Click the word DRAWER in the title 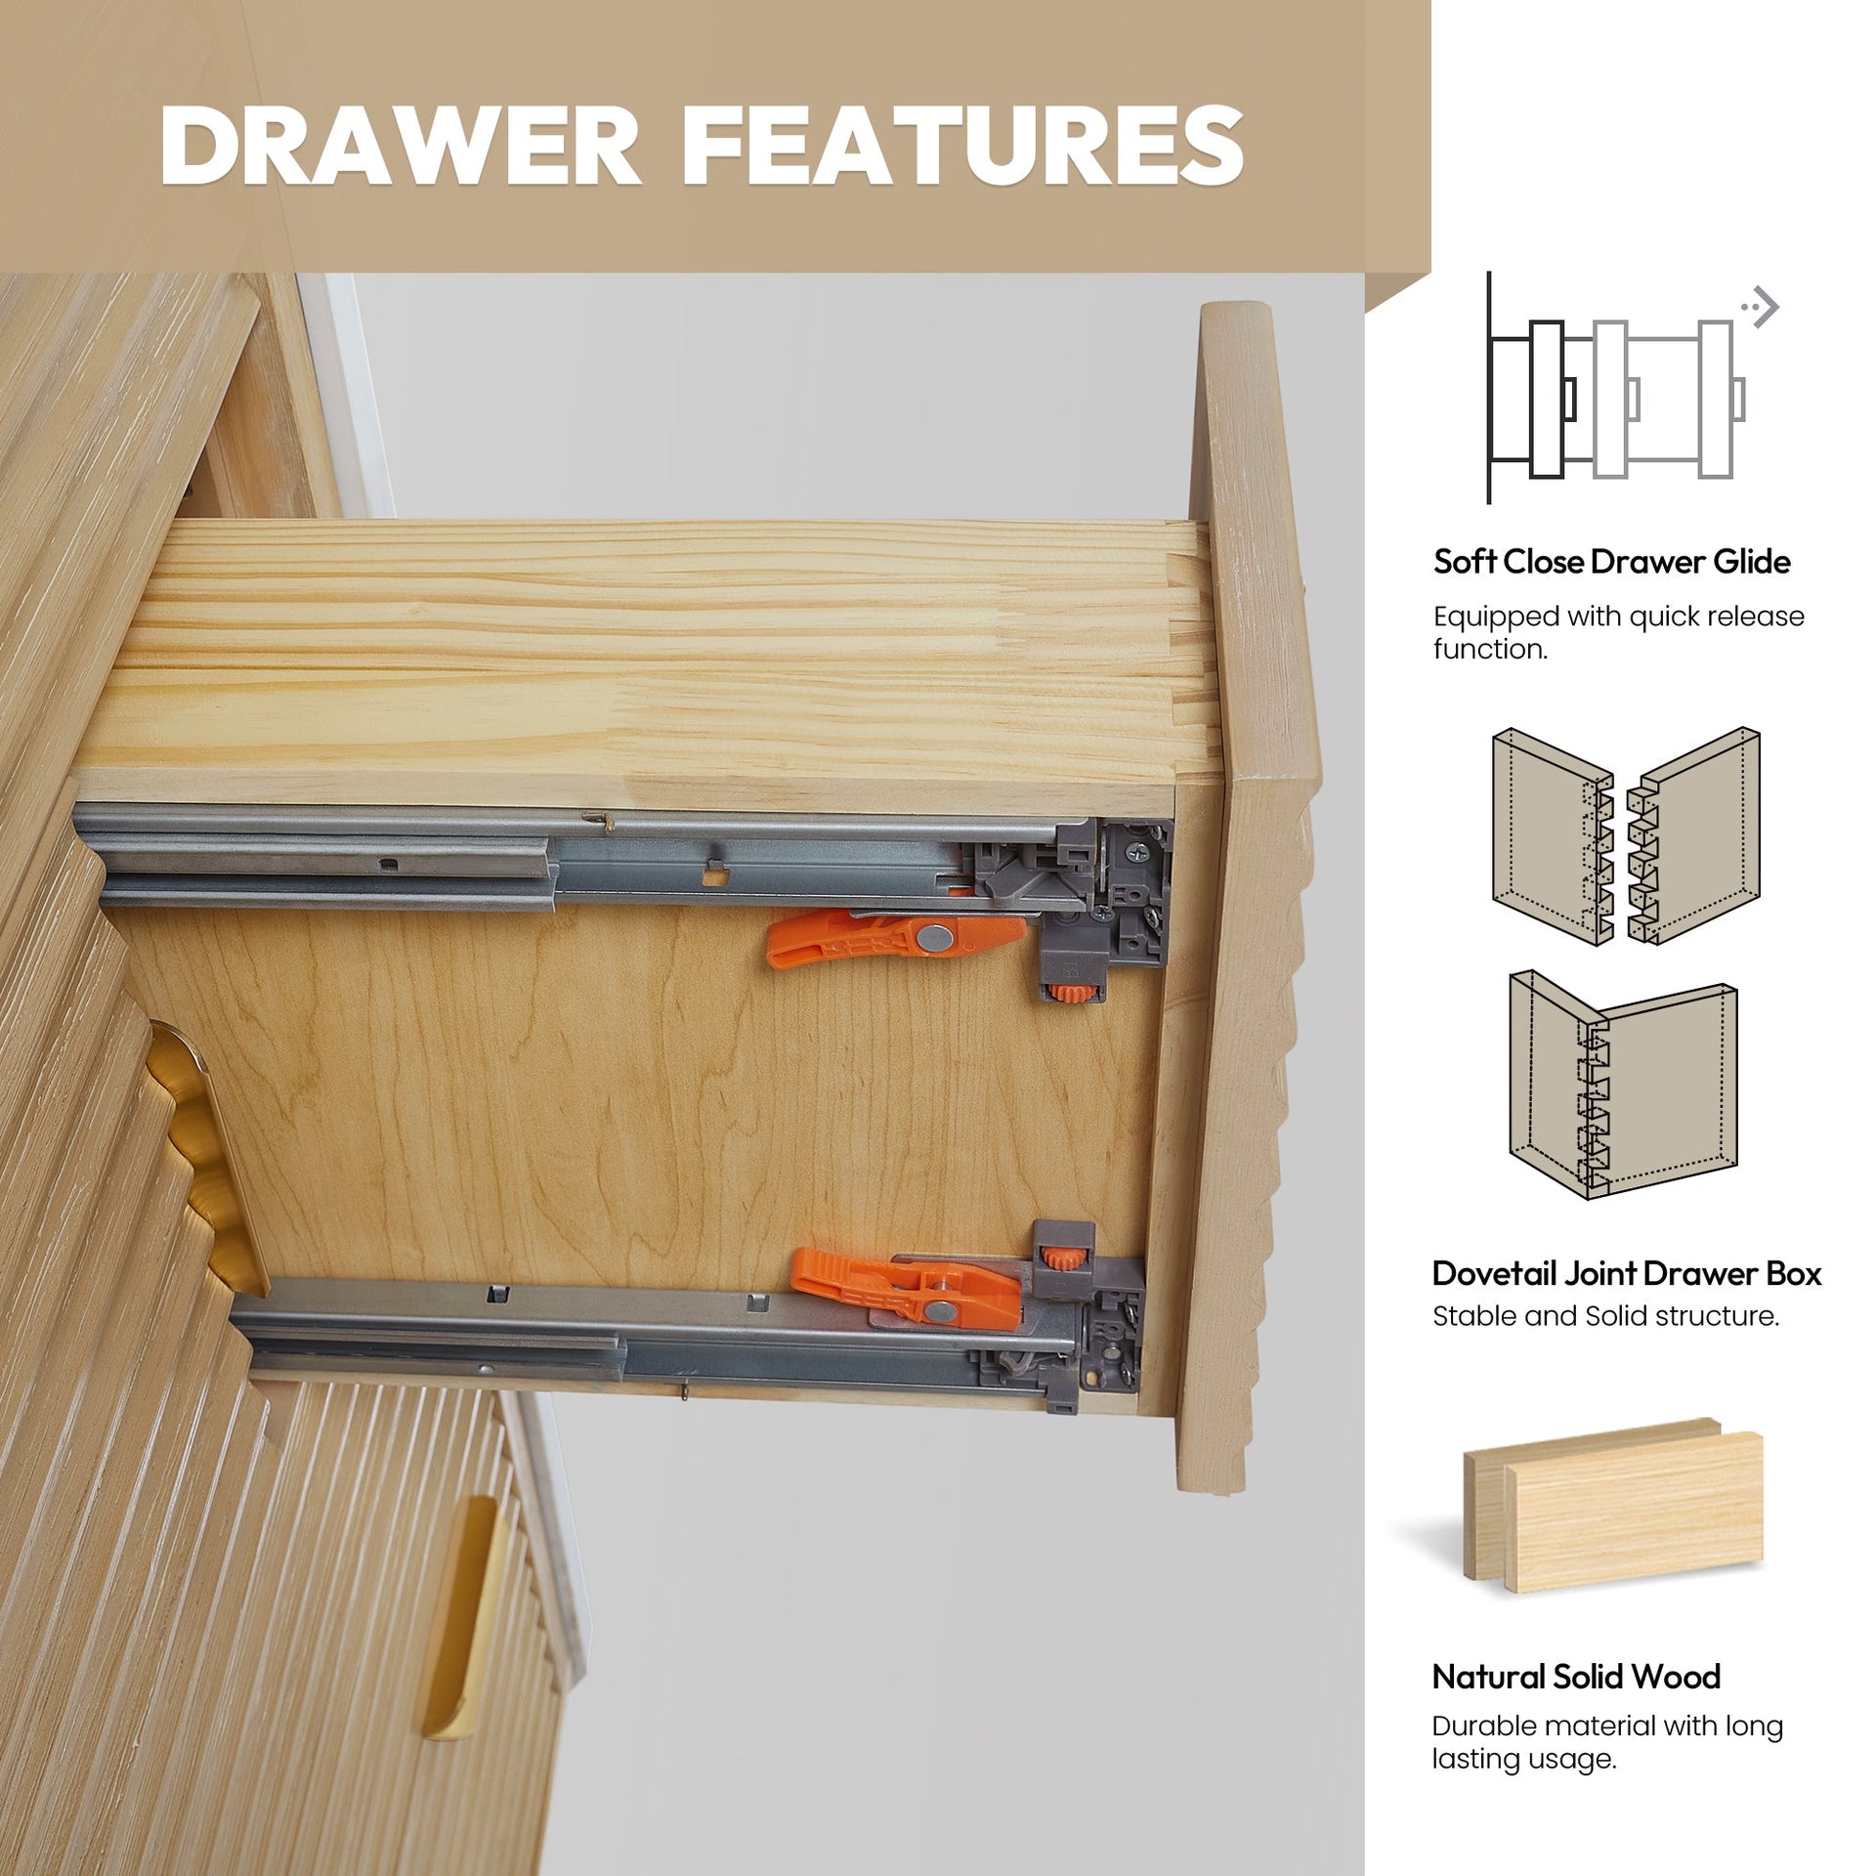400,146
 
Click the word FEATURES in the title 961,146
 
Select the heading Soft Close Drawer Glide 1611,562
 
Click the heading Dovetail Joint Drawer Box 1627,1273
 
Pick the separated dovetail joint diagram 1626,836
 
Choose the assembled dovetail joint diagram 1623,1084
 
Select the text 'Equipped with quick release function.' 1618,632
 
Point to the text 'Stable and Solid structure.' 1605,1316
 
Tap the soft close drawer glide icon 1616,389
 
